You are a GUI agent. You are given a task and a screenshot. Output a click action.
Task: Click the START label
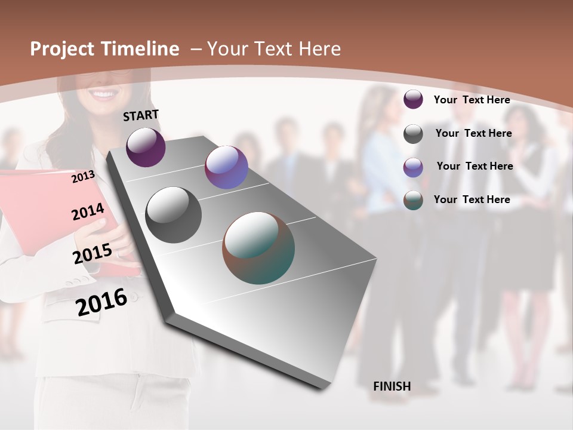[141, 115]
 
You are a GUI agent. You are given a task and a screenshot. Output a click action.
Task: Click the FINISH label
[392, 386]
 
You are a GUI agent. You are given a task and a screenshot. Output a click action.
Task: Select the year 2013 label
[83, 177]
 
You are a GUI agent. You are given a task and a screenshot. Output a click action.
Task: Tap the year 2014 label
[88, 212]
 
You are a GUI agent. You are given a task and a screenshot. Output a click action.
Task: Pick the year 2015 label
[92, 254]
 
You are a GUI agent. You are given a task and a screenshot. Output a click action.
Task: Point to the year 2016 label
[101, 302]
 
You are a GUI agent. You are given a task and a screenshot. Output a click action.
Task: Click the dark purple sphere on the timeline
[146, 147]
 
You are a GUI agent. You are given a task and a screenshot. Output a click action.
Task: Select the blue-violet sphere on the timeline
[226, 167]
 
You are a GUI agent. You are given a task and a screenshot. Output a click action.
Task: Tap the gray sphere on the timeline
[174, 215]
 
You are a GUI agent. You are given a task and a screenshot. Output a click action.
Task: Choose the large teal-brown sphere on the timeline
[258, 248]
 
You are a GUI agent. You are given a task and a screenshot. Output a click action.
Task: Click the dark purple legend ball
[413, 99]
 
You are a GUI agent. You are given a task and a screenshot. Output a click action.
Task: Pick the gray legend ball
[413, 134]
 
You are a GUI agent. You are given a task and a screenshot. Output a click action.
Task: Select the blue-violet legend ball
[413, 167]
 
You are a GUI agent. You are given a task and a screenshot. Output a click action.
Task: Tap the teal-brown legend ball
[413, 200]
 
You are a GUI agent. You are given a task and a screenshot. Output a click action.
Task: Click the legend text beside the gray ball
[473, 133]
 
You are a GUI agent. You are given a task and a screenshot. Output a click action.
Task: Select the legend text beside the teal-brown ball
[472, 199]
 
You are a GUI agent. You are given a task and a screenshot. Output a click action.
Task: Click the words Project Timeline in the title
[104, 49]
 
